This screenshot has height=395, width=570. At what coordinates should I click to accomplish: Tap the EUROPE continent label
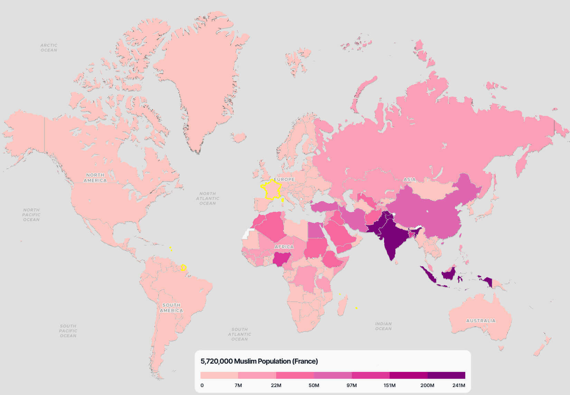tap(284, 179)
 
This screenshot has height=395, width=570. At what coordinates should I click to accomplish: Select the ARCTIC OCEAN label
tap(49, 48)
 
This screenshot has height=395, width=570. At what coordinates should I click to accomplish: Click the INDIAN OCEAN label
tap(383, 326)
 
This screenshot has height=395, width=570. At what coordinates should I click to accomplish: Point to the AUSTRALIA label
tap(480, 320)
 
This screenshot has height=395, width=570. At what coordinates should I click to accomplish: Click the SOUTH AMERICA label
tap(171, 308)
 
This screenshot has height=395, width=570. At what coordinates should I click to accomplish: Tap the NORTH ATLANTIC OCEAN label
tap(207, 198)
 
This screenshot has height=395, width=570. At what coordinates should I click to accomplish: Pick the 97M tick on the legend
tap(352, 385)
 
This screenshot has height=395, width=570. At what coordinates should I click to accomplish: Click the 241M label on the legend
tap(459, 385)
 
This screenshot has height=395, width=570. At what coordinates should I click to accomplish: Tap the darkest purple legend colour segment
tap(446, 375)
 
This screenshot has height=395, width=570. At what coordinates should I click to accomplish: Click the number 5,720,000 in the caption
tap(216, 361)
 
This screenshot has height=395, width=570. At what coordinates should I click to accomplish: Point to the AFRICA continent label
tap(284, 247)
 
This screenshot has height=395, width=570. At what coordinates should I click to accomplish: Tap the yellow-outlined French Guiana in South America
tap(184, 268)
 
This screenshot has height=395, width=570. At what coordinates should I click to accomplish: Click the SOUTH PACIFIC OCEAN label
tap(68, 330)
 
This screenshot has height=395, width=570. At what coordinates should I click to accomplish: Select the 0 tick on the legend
tap(202, 385)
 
